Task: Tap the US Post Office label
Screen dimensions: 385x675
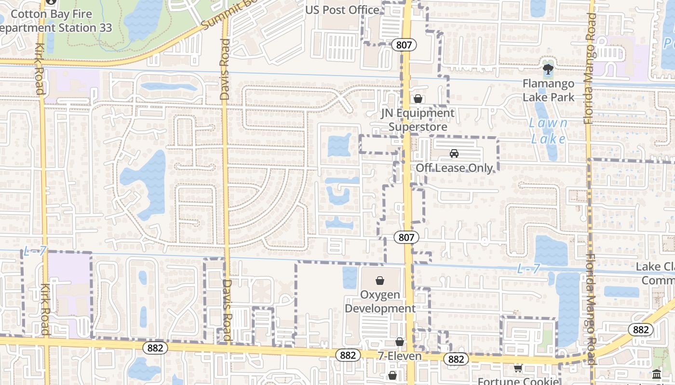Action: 342,10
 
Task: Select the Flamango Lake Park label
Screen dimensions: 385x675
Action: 549,90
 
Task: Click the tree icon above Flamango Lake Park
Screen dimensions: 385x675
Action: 548,70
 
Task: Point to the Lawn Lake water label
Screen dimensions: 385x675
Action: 548,131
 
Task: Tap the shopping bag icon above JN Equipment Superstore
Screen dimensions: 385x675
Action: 418,99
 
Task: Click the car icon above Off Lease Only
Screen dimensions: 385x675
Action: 454,154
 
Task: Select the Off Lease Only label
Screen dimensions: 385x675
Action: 454,168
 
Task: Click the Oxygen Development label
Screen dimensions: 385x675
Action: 380,301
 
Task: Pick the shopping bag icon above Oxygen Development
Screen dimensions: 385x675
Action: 380,280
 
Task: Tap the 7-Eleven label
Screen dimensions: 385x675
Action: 400,356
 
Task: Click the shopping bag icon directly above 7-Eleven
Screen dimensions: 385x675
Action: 400,342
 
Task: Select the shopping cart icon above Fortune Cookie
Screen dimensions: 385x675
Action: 518,368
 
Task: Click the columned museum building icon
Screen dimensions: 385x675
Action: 656,374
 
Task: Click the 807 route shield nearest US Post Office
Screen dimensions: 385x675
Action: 404,45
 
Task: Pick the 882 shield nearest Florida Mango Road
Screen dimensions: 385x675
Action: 641,330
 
